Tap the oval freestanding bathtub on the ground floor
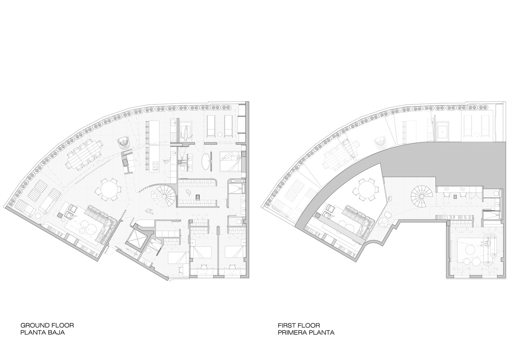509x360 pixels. coord(206,161)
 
